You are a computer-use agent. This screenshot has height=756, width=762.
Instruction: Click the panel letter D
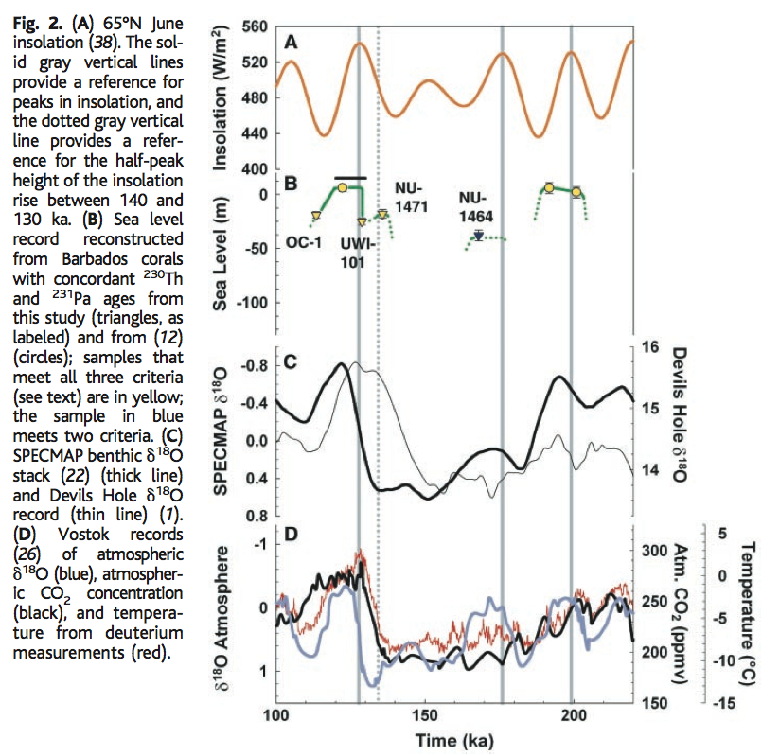(x=292, y=535)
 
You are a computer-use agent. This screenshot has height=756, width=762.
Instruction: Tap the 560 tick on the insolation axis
(x=256, y=26)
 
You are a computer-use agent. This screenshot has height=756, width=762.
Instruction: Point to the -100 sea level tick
(x=249, y=302)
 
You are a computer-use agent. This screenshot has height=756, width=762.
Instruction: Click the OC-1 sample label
(x=305, y=243)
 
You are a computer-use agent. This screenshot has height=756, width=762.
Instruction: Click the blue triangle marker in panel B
(x=479, y=236)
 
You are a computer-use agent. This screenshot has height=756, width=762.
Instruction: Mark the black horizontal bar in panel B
(x=350, y=177)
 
